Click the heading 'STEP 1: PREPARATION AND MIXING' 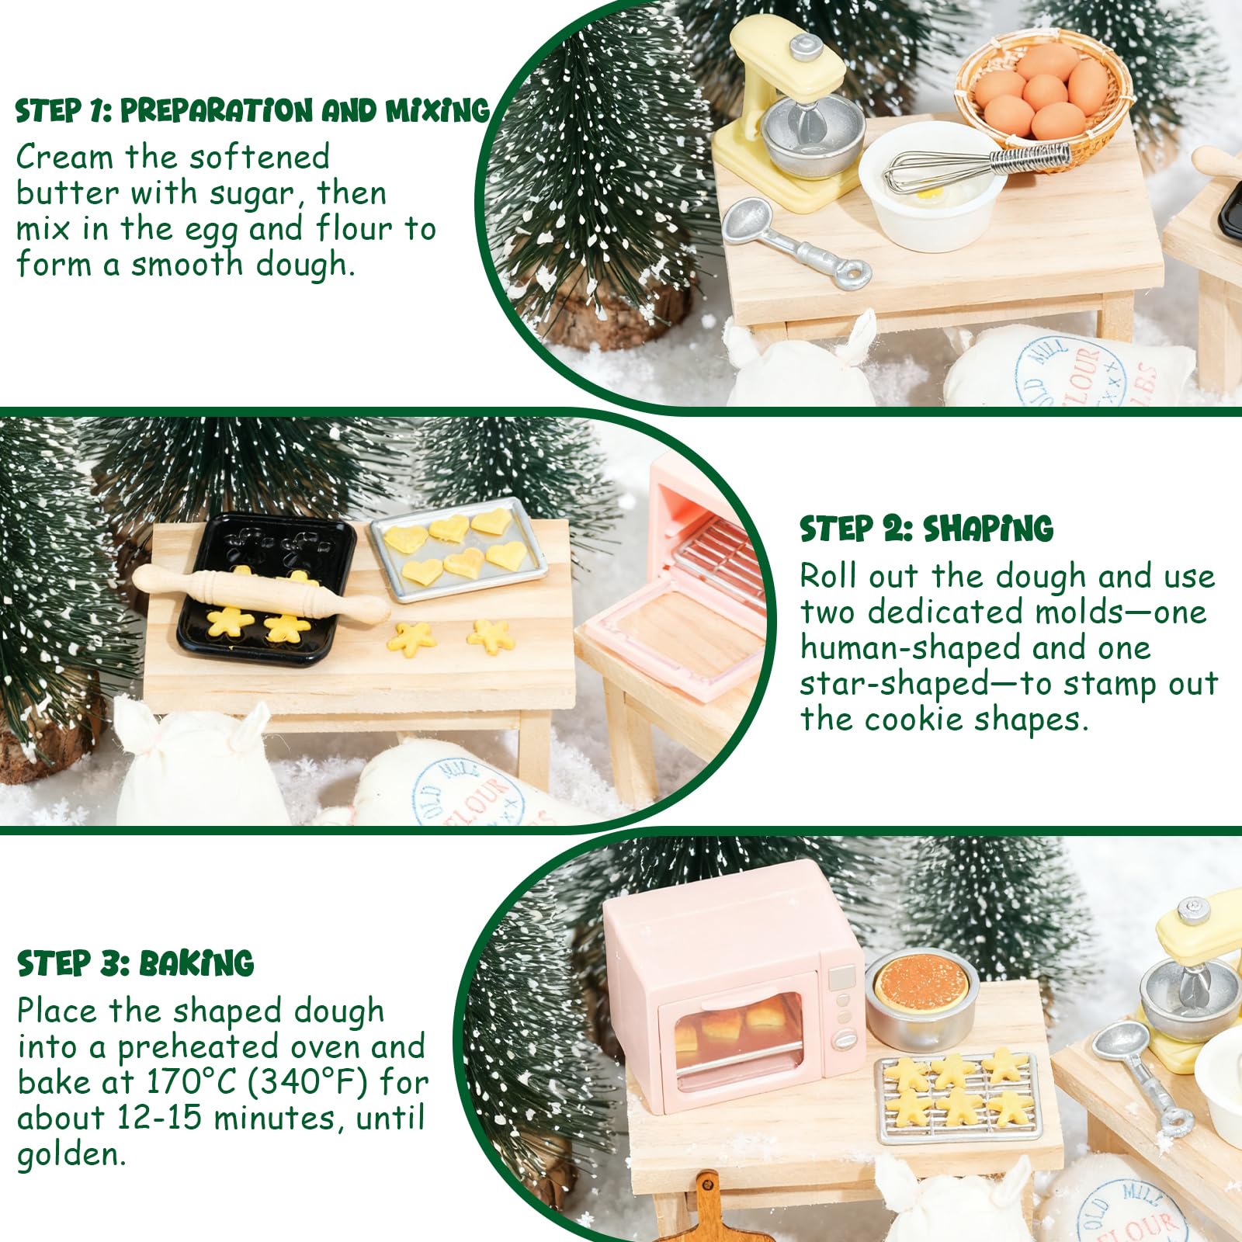tap(253, 111)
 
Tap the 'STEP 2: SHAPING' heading tap(927, 529)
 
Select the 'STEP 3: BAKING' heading tap(136, 963)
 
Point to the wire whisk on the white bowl tap(978, 168)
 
